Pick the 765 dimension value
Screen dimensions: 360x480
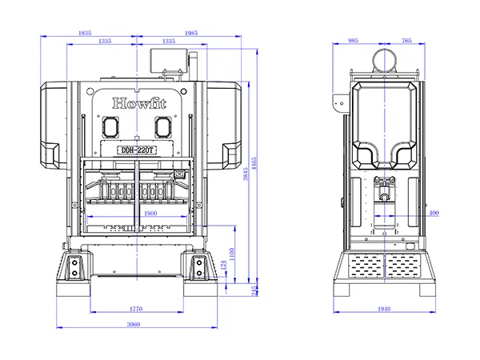pos(406,39)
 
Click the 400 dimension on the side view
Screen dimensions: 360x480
pos(434,214)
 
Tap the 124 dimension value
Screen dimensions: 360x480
pos(225,265)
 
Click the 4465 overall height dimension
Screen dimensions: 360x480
pos(255,166)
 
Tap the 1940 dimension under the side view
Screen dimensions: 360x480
pos(385,307)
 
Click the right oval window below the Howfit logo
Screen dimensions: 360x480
pos(163,126)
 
